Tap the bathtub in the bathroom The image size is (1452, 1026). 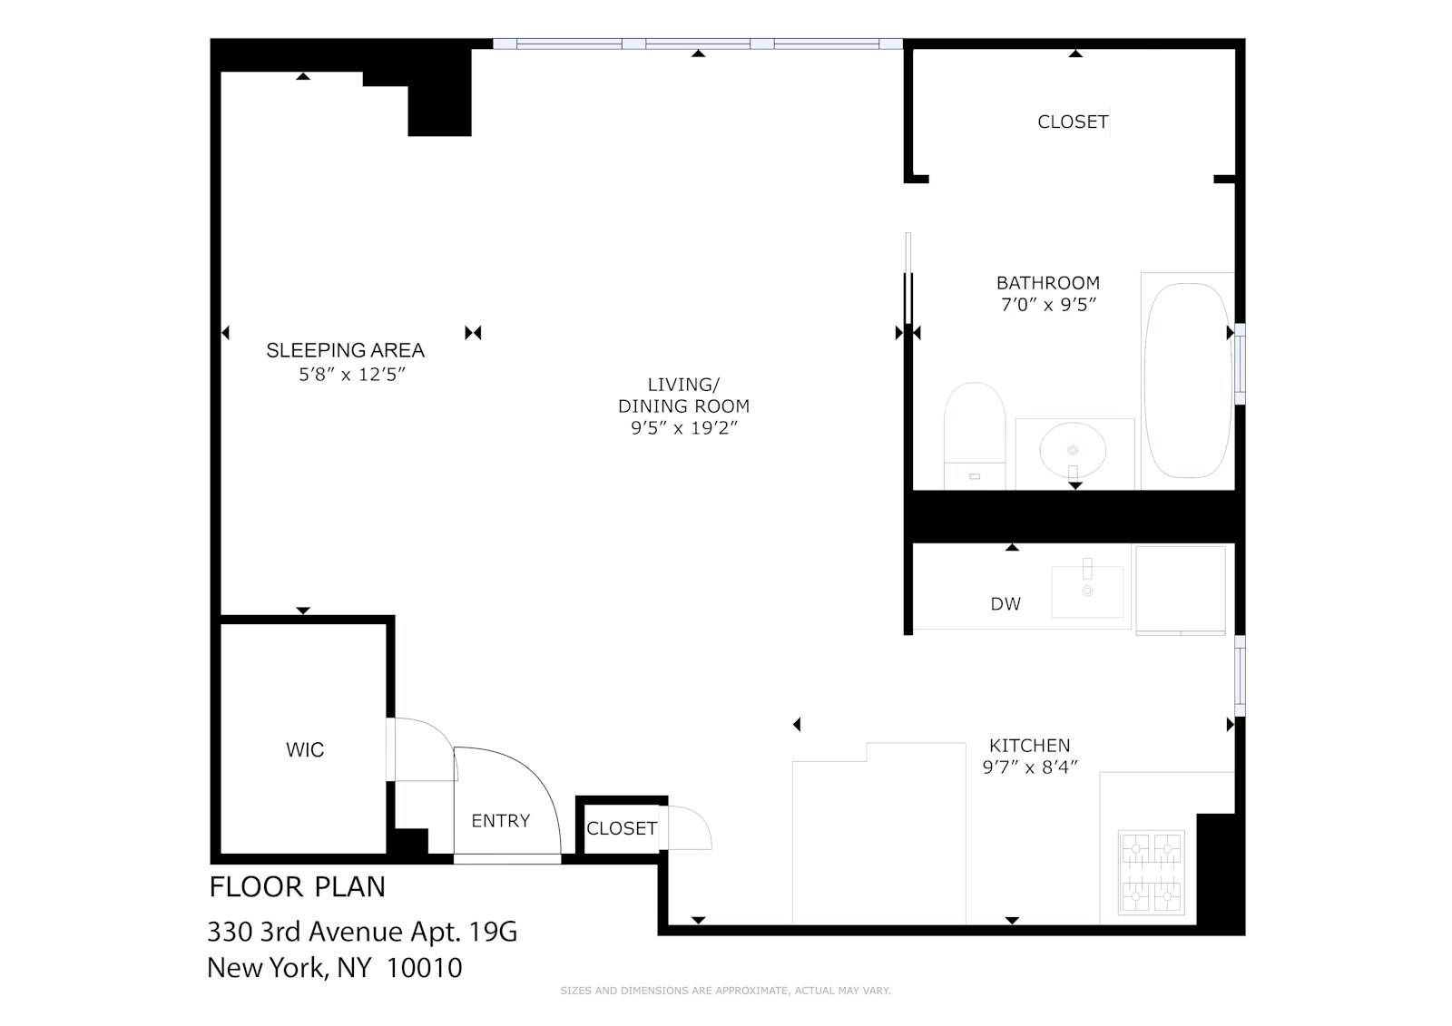1187,381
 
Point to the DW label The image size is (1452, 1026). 1006,604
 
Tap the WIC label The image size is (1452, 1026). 305,750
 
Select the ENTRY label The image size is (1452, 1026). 500,821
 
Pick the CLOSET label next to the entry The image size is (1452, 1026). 622,828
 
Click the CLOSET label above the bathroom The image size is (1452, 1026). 1073,122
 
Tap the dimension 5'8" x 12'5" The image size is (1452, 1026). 351,374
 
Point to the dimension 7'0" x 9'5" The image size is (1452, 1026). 1048,306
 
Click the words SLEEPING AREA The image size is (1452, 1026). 345,350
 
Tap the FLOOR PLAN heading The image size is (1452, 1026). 297,886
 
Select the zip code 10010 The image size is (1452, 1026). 424,968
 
